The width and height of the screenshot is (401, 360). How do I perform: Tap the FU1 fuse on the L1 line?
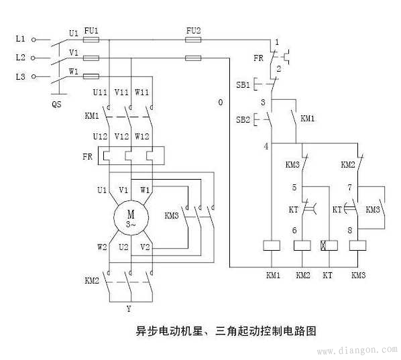tap(91, 40)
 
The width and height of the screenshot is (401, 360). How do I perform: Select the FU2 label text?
tap(193, 31)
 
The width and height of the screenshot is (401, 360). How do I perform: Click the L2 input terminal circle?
tap(33, 58)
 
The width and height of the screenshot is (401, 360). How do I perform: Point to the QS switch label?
tap(56, 104)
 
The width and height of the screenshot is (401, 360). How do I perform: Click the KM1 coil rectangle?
tap(272, 245)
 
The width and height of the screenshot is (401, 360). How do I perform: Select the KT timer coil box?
tap(329, 245)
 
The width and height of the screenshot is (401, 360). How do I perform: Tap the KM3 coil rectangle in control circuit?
tap(357, 245)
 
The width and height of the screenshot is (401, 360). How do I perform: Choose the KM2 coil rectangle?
tap(302, 245)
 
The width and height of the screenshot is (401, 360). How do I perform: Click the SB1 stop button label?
tap(243, 84)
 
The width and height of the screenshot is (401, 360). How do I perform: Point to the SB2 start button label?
tap(243, 119)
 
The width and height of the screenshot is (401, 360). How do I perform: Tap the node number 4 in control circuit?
tap(266, 146)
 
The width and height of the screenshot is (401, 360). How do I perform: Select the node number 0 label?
tap(221, 103)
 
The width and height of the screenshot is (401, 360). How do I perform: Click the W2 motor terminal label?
tap(102, 247)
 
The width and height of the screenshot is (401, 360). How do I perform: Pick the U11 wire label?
tap(100, 92)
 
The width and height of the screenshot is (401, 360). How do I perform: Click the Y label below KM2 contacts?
tap(129, 309)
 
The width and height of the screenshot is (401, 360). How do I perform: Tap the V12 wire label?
tap(121, 136)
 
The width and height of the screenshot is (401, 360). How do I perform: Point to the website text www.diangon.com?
tap(357, 350)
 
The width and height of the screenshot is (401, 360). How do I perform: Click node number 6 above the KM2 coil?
tap(294, 231)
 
